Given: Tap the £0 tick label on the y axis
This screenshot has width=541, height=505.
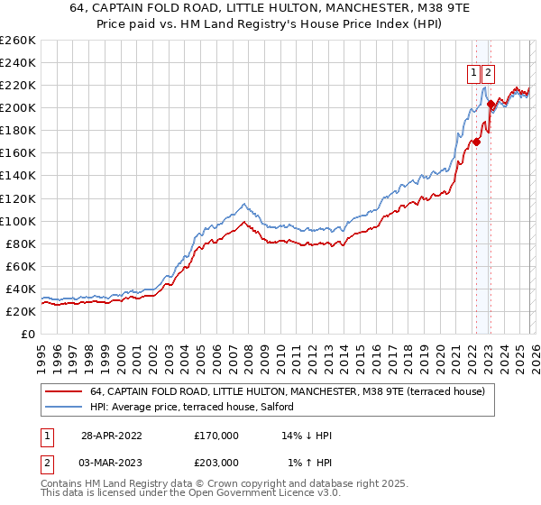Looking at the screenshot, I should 27,334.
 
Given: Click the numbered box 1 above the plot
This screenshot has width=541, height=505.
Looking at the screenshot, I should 473,73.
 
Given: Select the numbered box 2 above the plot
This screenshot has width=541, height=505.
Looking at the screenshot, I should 488,73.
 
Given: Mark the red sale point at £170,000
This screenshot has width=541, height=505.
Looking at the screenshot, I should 476,141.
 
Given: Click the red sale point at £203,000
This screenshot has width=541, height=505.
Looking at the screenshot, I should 490,104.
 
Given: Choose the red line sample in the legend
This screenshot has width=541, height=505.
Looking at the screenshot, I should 63,392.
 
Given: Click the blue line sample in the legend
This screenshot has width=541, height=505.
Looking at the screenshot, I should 63,407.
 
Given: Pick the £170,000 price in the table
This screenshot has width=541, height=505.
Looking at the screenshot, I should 216,435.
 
